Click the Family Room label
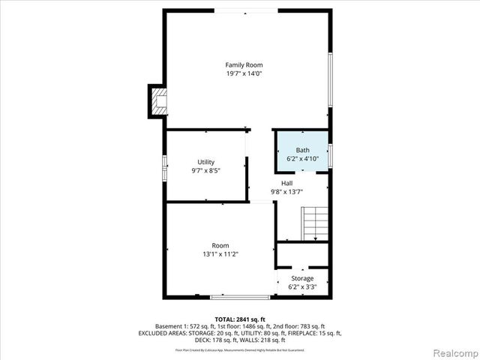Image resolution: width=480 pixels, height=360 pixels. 244,65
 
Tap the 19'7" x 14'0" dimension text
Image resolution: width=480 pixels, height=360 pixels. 244,73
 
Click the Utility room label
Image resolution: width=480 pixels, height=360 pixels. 206,162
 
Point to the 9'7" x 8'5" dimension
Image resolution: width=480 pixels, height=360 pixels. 206,170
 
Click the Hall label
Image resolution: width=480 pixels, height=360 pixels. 287,183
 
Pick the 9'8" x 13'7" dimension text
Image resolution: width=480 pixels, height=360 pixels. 287,192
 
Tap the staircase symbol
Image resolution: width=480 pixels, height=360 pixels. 315,223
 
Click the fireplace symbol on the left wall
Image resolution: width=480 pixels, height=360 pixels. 158,101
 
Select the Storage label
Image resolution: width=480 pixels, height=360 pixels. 302,278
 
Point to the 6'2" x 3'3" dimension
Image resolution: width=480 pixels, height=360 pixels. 302,286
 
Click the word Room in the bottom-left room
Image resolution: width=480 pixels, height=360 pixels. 220,245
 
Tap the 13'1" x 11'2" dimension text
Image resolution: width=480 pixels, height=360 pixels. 220,254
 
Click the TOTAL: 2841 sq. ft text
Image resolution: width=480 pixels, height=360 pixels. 239,319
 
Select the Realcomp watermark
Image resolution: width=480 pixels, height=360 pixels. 453,352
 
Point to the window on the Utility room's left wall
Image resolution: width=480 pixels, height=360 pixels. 165,166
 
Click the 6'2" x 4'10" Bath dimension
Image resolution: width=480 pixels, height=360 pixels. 302,159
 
